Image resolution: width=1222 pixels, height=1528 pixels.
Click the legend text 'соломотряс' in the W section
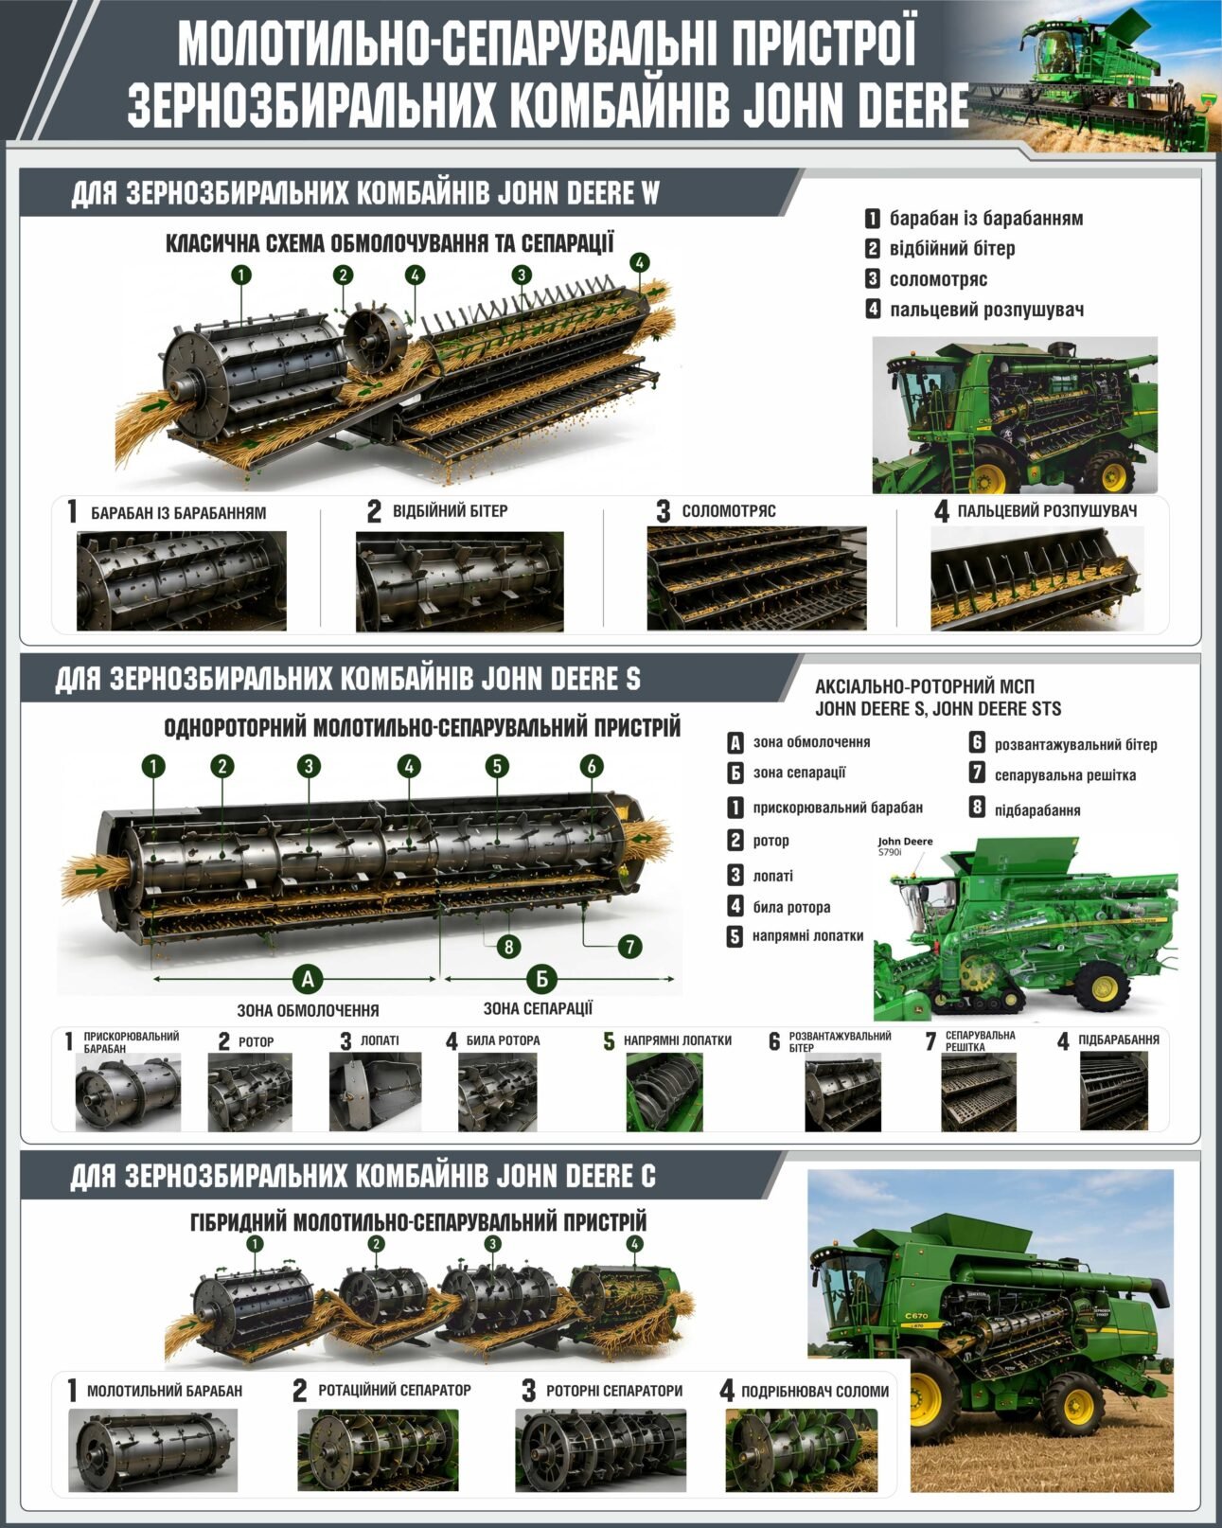point(938,279)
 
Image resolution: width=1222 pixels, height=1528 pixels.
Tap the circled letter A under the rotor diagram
point(308,979)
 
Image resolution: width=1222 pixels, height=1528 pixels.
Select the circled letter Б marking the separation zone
point(541,979)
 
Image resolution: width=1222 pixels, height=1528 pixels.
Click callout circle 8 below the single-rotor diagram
point(508,947)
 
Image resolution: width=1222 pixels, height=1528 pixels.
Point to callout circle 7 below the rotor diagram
point(629,946)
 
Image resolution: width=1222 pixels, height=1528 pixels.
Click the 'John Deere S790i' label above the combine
point(905,845)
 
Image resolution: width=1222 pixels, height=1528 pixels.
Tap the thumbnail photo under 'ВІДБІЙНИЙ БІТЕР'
point(459,581)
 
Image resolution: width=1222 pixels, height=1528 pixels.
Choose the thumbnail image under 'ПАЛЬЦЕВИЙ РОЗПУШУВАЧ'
point(1036,578)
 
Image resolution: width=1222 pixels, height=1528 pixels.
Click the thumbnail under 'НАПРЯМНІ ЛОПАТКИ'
point(664,1093)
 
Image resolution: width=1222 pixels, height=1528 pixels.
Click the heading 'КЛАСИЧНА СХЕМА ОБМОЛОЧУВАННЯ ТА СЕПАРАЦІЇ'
point(390,243)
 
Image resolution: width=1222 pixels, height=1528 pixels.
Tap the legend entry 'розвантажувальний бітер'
point(1075,745)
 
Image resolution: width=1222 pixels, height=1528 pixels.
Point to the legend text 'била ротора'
point(791,907)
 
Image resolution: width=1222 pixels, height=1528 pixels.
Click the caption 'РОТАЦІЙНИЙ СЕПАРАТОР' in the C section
point(394,1390)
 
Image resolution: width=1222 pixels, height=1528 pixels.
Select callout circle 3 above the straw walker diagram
point(522,275)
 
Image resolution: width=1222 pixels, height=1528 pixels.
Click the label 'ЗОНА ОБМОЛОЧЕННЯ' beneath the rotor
point(308,1010)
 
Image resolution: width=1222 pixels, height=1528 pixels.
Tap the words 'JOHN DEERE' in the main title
point(856,104)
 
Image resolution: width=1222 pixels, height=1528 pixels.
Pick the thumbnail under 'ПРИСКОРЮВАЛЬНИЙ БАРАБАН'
point(128,1093)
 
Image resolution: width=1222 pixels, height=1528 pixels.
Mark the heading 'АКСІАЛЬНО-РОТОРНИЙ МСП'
point(925,686)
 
